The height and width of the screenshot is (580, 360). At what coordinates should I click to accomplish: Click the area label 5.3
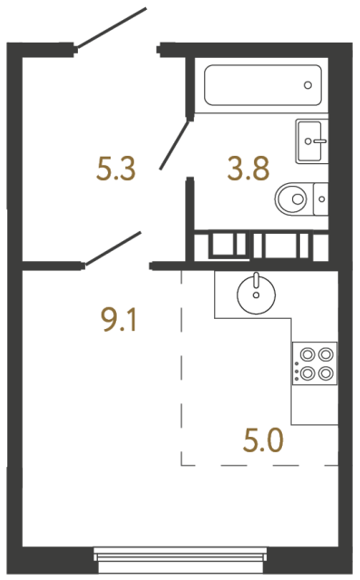[116, 169]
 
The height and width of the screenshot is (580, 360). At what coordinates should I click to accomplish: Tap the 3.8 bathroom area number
[248, 169]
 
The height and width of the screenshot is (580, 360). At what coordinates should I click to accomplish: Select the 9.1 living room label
[119, 320]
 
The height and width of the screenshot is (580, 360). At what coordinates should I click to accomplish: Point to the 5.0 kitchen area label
[263, 440]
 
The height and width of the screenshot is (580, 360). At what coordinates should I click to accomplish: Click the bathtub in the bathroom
[263, 85]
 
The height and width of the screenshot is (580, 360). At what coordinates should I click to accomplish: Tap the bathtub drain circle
[307, 85]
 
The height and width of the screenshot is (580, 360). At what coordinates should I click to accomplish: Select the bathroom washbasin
[312, 141]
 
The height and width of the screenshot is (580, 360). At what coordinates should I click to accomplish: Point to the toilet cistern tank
[320, 199]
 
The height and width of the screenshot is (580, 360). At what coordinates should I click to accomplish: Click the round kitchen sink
[256, 295]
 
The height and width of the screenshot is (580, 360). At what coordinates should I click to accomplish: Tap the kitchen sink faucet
[256, 280]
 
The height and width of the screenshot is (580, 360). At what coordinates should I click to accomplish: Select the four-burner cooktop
[315, 363]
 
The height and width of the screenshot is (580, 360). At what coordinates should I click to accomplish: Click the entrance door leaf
[111, 28]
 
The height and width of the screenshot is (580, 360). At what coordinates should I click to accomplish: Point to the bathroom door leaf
[174, 145]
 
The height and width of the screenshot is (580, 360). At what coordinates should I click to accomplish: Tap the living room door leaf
[112, 248]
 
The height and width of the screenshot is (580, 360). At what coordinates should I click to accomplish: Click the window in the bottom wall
[180, 560]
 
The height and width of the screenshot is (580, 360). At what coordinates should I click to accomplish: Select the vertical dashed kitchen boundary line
[181, 368]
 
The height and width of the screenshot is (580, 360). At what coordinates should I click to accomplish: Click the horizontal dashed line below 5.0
[259, 465]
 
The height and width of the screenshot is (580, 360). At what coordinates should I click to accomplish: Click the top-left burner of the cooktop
[307, 354]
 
